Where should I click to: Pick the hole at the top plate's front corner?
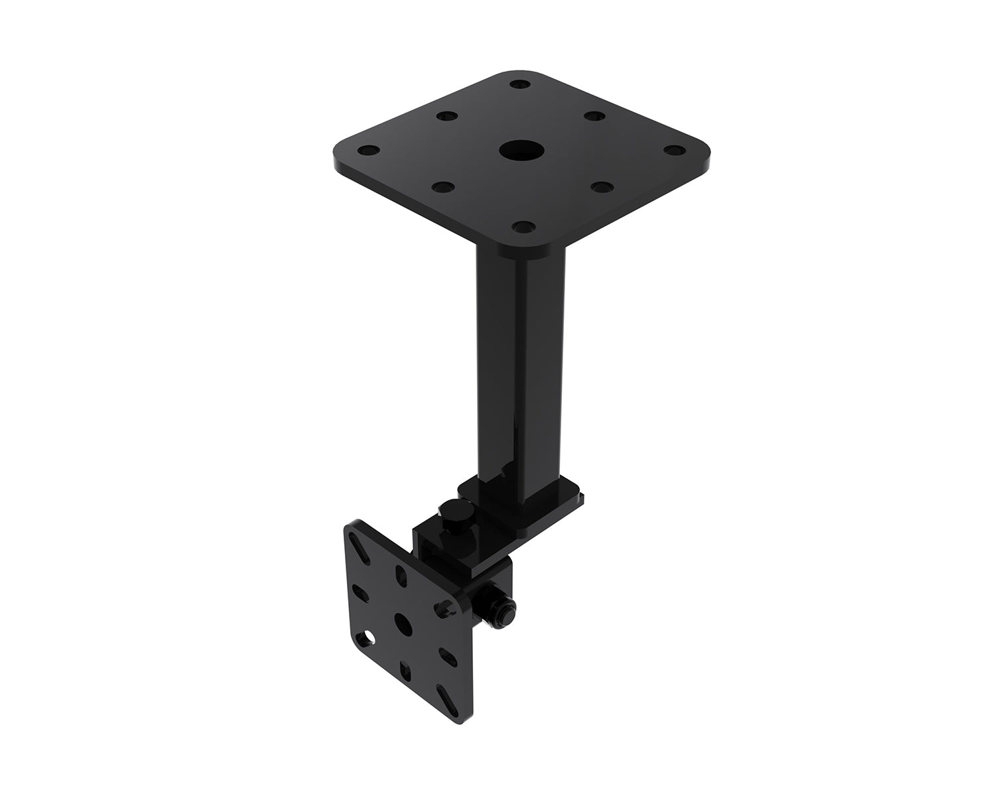click(524, 228)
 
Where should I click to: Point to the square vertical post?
click(520, 358)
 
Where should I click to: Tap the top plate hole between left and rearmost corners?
click(442, 116)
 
